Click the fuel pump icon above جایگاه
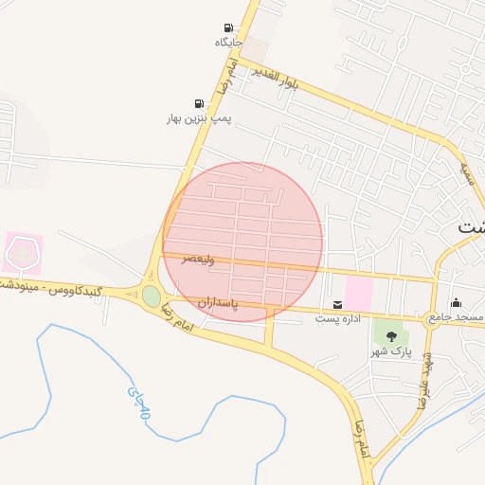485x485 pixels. pyautogui.click(x=228, y=27)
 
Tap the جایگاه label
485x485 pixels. pyautogui.click(x=228, y=42)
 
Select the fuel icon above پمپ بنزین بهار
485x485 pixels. pyautogui.click(x=199, y=103)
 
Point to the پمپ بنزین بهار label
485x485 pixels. pyautogui.click(x=199, y=118)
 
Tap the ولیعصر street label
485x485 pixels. pyautogui.click(x=200, y=259)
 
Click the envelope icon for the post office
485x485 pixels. pyautogui.click(x=338, y=304)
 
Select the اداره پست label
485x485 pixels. pyautogui.click(x=338, y=318)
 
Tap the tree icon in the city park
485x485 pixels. pyautogui.click(x=392, y=336)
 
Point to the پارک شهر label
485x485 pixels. pyautogui.click(x=392, y=351)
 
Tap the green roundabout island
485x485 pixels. pyautogui.click(x=152, y=296)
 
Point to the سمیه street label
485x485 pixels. pyautogui.click(x=466, y=172)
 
